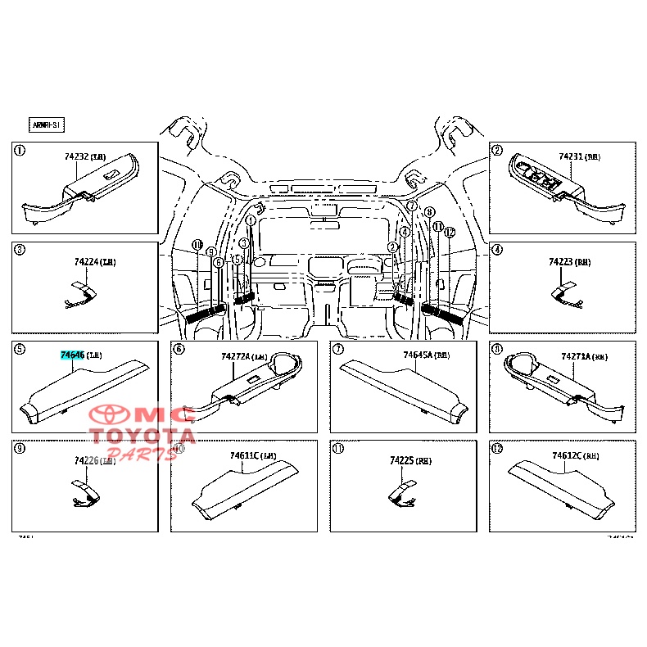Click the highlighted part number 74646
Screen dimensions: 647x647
(x=72, y=355)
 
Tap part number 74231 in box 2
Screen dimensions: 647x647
(x=572, y=156)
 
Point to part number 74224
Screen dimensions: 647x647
(x=86, y=262)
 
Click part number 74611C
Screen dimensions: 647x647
(x=245, y=455)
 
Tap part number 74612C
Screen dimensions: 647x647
(x=567, y=455)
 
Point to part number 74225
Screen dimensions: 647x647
(x=402, y=461)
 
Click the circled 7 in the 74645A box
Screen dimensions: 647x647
(x=337, y=349)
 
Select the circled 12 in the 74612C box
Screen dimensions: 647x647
(x=496, y=449)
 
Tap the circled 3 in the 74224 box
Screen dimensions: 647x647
(x=20, y=250)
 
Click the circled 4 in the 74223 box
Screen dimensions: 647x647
(x=496, y=250)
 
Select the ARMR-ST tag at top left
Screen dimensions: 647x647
(x=46, y=125)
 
